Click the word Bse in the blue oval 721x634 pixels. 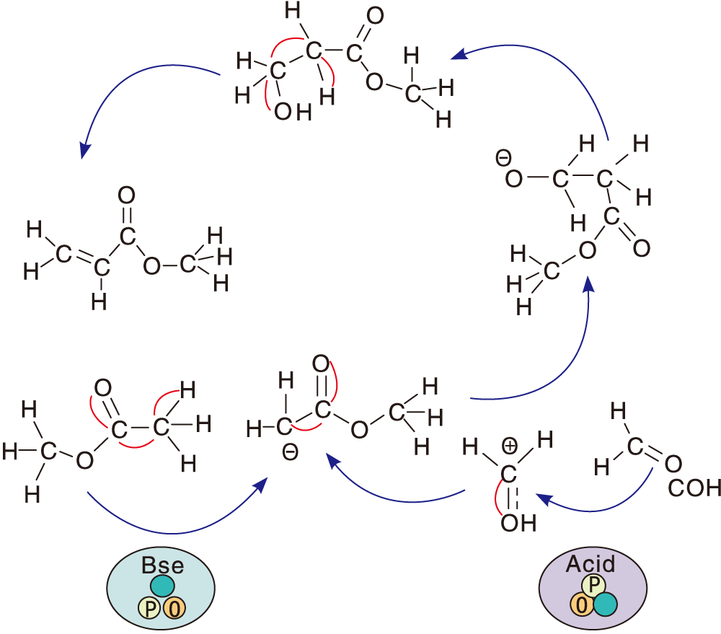[x=162, y=564]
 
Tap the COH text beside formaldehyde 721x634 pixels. [x=694, y=488]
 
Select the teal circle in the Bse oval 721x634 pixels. [x=162, y=585]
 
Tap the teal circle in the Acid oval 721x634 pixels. [x=605, y=604]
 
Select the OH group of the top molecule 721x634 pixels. [x=292, y=113]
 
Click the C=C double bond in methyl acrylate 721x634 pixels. [x=81, y=259]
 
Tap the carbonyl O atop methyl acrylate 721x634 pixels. [x=126, y=195]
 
